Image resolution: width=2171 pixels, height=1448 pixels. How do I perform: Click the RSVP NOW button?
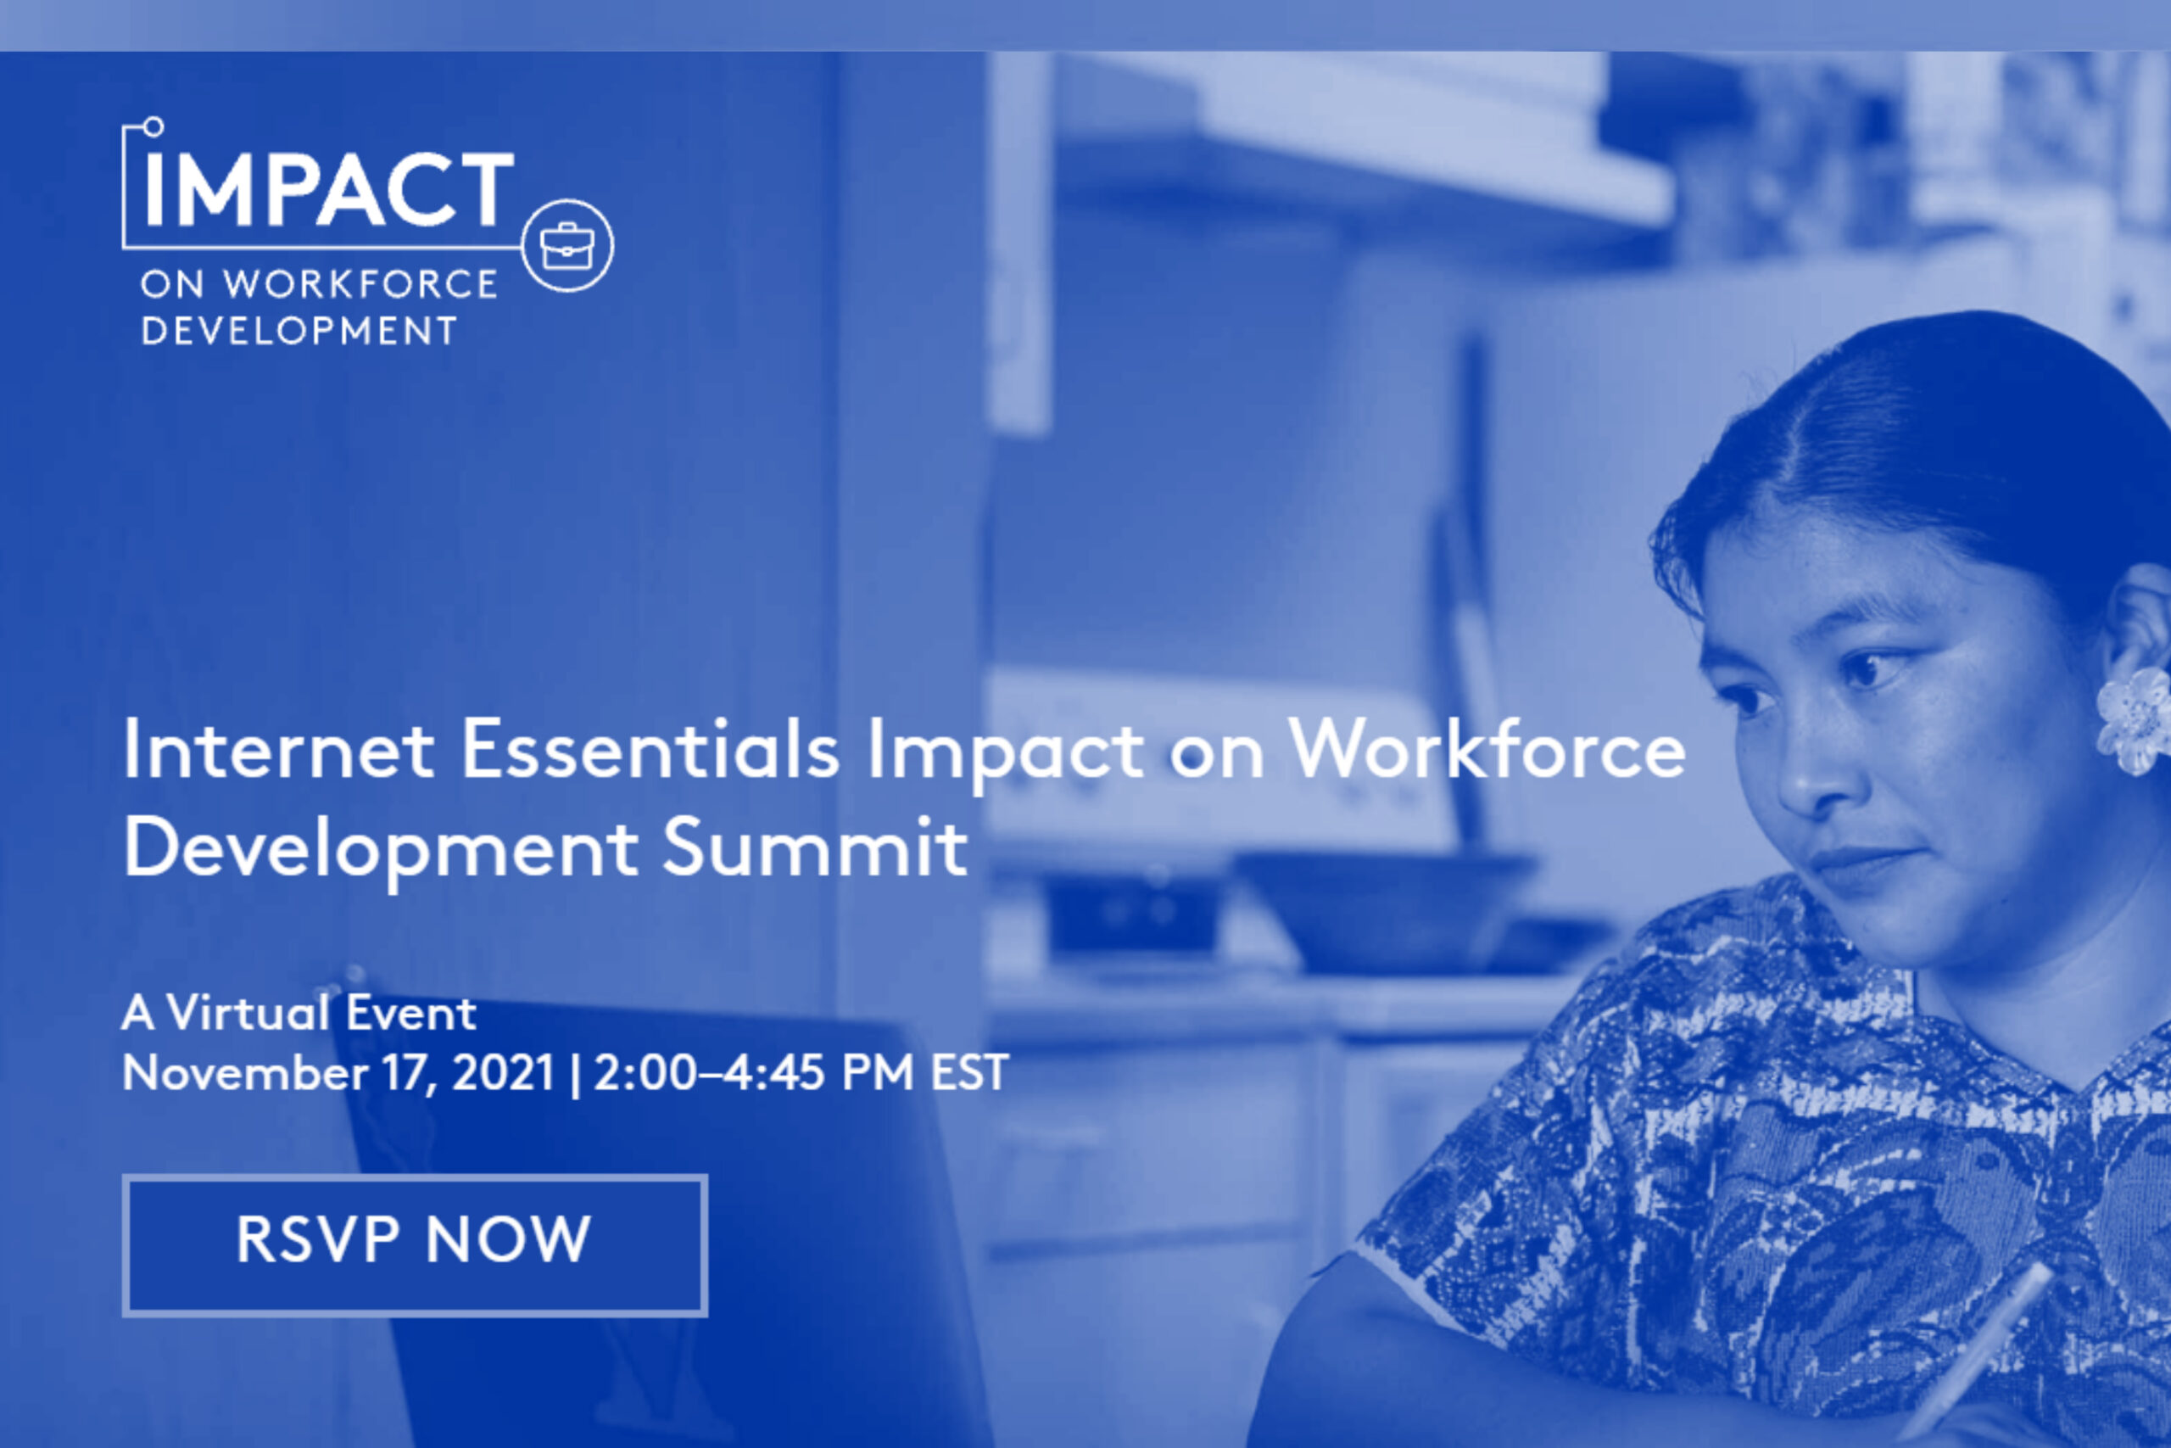coord(416,1244)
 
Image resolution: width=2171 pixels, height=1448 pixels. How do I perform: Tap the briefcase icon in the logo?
coord(566,246)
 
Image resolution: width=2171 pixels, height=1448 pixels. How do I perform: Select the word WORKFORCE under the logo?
coord(360,283)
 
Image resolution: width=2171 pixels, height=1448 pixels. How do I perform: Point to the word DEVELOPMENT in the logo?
coord(299,331)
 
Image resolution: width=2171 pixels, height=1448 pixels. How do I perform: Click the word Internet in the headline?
coord(278,749)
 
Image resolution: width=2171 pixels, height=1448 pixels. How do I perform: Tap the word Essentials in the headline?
coord(650,749)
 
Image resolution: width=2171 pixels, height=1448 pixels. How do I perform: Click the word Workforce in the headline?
coord(1487,749)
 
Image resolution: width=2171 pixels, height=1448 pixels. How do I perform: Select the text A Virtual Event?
coord(299,1013)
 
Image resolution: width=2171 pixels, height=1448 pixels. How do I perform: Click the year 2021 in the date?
coord(503,1073)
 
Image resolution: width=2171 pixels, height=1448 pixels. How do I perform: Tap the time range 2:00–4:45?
coord(709,1073)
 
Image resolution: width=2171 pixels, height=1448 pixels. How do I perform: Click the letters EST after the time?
coord(968,1073)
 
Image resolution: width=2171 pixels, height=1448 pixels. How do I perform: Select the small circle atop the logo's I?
coord(153,126)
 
